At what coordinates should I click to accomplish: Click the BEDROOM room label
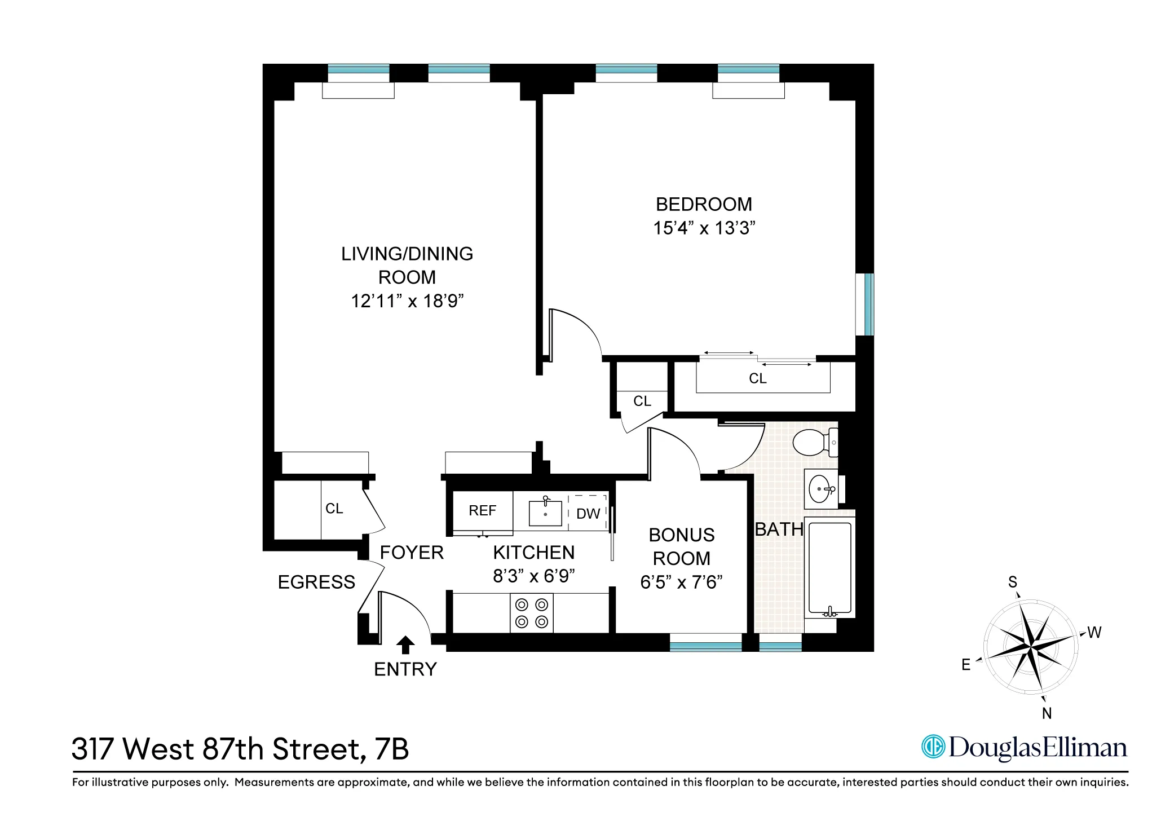(704, 205)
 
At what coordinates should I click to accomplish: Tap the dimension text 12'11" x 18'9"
(407, 301)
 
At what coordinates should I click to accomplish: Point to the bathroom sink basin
(820, 489)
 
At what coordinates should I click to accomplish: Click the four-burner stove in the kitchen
(532, 613)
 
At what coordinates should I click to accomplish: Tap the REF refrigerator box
(483, 511)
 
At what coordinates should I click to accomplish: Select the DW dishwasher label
(588, 514)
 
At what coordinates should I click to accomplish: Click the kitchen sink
(545, 513)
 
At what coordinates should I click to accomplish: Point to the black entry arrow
(405, 645)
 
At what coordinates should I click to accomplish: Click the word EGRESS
(316, 582)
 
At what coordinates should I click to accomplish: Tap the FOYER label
(412, 553)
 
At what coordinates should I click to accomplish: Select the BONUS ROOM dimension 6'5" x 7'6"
(681, 582)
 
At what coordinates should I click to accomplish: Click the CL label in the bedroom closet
(757, 378)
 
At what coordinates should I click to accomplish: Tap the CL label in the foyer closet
(334, 509)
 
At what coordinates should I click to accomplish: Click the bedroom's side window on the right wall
(865, 304)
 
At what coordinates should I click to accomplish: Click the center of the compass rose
(1031, 646)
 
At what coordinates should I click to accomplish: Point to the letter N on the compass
(1047, 713)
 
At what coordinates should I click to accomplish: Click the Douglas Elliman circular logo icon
(933, 747)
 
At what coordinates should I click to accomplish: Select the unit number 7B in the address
(391, 749)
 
